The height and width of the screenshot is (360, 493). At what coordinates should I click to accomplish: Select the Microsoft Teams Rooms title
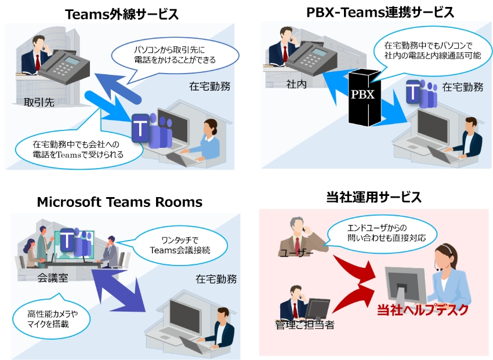(119, 202)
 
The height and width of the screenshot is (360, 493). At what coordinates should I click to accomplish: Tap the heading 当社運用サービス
(374, 197)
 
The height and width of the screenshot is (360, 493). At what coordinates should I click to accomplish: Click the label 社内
(295, 84)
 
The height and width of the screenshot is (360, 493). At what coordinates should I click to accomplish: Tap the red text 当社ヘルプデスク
(422, 310)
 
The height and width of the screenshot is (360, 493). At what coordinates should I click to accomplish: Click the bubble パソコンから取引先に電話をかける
(175, 54)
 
